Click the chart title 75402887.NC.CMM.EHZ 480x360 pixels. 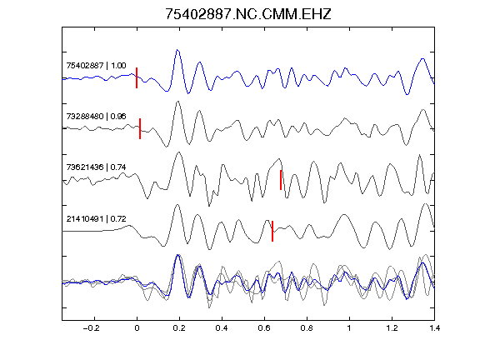coord(248,14)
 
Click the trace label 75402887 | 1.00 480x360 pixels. coord(96,66)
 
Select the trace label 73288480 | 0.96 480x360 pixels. coord(96,117)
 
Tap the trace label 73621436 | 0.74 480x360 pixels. coord(96,167)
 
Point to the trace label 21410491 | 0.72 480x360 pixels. coord(96,219)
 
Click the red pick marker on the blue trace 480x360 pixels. coord(137,77)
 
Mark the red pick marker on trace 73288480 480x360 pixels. coord(140,128)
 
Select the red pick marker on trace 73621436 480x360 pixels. coord(281,180)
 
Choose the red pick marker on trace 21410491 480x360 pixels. coord(272,231)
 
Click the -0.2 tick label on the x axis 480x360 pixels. coord(91,328)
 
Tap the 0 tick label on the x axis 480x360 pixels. coord(137,328)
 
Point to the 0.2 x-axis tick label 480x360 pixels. coord(179,328)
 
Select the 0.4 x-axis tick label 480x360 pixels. coord(222,328)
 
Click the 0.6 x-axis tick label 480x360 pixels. coord(264,328)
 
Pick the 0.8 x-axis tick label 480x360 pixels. coord(307,328)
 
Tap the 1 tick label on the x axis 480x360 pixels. coord(349,328)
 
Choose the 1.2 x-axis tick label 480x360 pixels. coord(392,328)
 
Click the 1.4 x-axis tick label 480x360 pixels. coord(434,328)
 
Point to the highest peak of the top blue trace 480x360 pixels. coord(177,50)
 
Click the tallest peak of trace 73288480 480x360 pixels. coord(177,102)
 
